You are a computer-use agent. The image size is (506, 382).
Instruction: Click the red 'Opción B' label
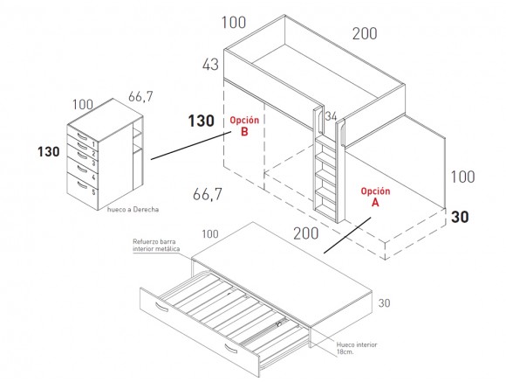(x=244, y=126)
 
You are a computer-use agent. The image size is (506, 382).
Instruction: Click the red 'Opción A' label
(x=375, y=197)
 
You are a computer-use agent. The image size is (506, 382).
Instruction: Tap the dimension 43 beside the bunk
(x=210, y=65)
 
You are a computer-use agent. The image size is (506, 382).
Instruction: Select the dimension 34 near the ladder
(x=331, y=116)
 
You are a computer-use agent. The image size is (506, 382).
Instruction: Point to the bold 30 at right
(x=460, y=217)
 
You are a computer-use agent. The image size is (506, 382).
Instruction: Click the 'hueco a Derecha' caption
(x=133, y=210)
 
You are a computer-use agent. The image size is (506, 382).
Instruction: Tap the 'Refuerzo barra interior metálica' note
(x=156, y=245)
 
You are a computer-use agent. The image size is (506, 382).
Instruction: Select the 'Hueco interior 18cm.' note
(x=357, y=348)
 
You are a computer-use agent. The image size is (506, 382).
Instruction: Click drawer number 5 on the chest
(x=93, y=192)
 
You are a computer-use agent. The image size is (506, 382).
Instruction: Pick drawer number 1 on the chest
(x=93, y=144)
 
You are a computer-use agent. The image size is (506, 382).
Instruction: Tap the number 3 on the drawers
(x=93, y=163)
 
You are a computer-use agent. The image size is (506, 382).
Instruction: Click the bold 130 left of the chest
(x=49, y=152)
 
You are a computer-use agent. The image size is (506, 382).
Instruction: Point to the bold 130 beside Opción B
(x=202, y=121)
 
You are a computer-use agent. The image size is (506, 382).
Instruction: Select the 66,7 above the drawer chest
(x=140, y=96)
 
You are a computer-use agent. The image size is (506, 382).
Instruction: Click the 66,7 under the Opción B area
(x=208, y=194)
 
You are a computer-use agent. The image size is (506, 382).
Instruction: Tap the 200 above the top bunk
(x=365, y=33)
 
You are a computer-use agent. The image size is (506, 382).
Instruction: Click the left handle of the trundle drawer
(x=161, y=307)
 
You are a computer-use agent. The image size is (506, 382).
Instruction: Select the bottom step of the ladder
(x=325, y=208)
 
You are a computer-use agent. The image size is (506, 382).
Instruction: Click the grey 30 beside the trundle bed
(x=385, y=303)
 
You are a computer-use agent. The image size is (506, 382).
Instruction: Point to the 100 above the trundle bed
(x=210, y=234)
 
